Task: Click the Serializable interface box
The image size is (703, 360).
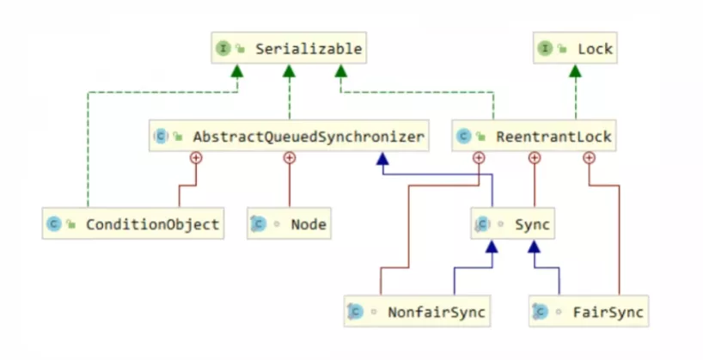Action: click(x=288, y=49)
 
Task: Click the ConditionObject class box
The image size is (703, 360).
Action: click(x=133, y=224)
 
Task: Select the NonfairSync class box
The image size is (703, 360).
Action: click(x=416, y=311)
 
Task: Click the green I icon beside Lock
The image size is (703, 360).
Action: click(x=546, y=49)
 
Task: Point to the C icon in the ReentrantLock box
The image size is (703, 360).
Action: click(x=465, y=136)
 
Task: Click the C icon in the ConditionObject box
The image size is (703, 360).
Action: click(x=54, y=224)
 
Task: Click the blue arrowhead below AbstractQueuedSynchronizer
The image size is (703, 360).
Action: click(x=382, y=161)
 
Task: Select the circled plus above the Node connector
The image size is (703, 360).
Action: click(x=289, y=157)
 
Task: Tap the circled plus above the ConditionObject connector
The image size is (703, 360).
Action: click(x=196, y=157)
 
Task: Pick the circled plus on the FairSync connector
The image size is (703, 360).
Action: click(x=589, y=157)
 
